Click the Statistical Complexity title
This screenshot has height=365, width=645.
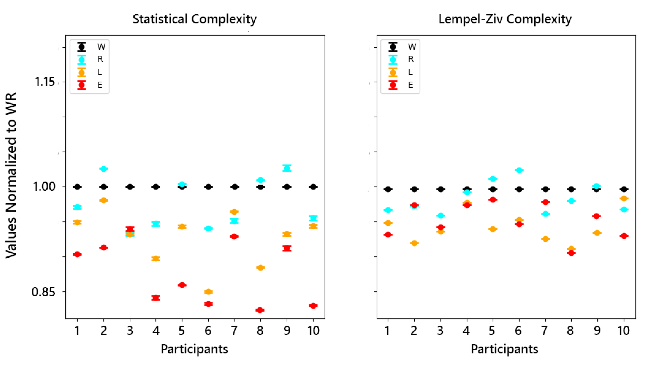point(194,19)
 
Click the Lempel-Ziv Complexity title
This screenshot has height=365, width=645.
point(505,19)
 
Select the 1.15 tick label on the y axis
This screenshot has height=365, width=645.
point(45,82)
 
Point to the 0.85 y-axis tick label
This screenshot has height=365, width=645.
point(43,292)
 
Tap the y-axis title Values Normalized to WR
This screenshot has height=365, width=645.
point(11,176)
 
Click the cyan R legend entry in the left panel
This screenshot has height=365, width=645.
point(90,59)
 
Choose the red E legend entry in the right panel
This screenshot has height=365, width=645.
point(401,85)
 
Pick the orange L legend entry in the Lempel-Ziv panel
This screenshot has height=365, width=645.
point(401,72)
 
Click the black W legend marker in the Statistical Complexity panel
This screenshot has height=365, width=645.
point(82,47)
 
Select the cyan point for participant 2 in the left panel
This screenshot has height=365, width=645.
point(104,169)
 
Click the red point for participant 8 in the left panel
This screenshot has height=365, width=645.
point(260,310)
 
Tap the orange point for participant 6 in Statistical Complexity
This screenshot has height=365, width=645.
point(208,292)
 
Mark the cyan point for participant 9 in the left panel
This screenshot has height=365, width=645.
point(287,168)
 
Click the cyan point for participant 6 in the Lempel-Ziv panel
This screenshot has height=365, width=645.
point(519,170)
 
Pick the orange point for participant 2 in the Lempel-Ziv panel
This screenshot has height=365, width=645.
point(414,243)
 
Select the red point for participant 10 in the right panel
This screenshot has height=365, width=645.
point(624,236)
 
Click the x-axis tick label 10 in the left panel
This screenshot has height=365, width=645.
point(313,331)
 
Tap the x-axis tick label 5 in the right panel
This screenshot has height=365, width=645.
point(492,331)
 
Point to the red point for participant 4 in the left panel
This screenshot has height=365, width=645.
point(156,298)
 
